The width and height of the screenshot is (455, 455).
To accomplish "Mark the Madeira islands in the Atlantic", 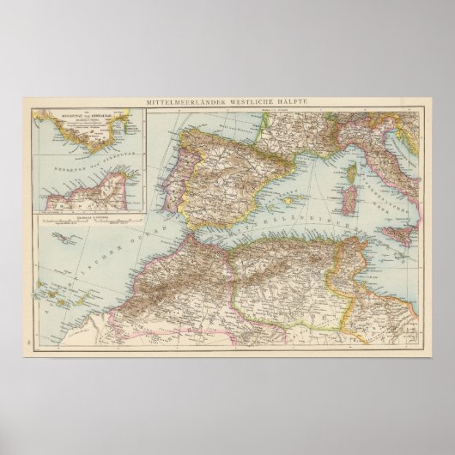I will coord(63,237).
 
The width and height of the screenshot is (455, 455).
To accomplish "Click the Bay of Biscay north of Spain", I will coord(206,124).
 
